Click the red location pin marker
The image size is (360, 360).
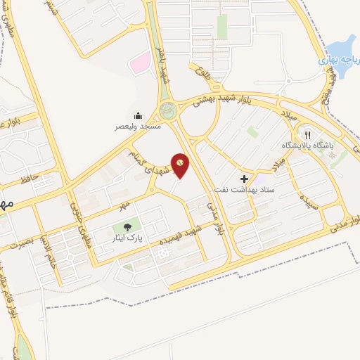click(180, 164)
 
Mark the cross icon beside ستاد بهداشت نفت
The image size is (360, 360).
click(244, 179)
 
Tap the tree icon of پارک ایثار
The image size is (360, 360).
click(127, 227)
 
